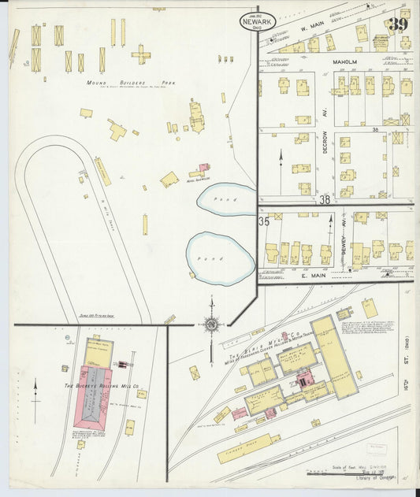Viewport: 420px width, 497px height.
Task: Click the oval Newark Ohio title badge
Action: (x=258, y=21)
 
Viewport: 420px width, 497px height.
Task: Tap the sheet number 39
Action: (x=398, y=25)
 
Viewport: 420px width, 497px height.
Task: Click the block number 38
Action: (x=324, y=201)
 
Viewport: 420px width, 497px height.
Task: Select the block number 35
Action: (x=265, y=222)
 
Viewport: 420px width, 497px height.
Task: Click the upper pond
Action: (x=226, y=198)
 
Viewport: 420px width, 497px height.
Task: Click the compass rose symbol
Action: (x=210, y=323)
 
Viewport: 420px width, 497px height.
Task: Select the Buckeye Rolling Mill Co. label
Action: (x=97, y=387)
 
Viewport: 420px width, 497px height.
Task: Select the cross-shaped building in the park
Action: (x=141, y=54)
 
